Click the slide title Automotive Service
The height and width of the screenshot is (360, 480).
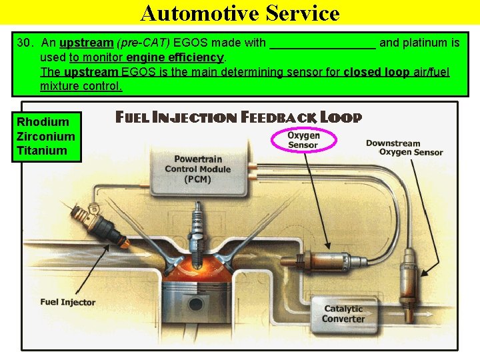coord(240,13)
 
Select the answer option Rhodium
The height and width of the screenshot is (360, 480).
coord(43,122)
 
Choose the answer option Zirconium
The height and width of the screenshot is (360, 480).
coord(46,136)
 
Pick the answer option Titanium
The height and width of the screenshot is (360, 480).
coord(42,151)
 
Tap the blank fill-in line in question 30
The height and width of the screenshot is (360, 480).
coord(323,44)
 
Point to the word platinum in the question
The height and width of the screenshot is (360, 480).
coord(438,43)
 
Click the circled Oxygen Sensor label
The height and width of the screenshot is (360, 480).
coord(304,140)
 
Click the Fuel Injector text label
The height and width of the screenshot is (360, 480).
coord(67,302)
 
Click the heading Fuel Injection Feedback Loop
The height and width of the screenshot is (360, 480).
coord(239,118)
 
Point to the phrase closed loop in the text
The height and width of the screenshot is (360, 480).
coord(376,72)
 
